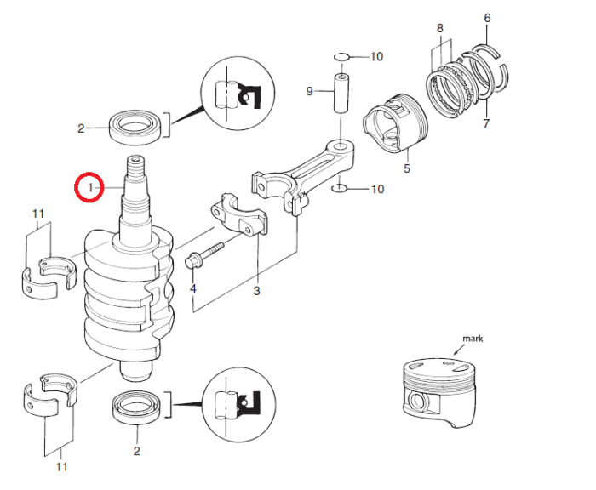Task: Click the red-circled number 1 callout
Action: tap(89, 186)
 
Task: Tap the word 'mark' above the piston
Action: tap(473, 339)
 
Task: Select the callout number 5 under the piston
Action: tap(406, 168)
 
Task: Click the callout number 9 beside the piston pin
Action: tap(311, 91)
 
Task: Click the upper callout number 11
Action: tap(37, 213)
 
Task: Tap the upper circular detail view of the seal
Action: tap(238, 94)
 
